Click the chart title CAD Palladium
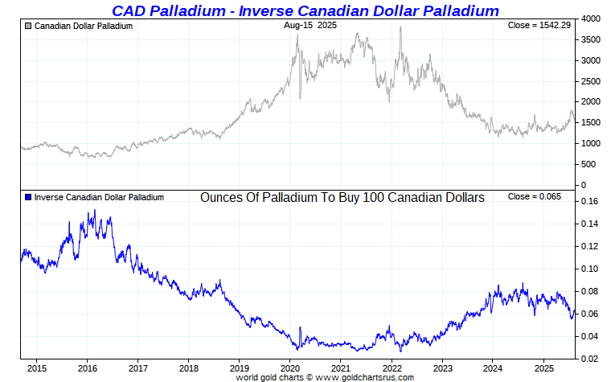point(305,10)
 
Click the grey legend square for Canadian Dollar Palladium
point(29,27)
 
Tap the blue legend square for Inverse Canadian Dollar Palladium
point(29,197)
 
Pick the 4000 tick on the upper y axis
point(592,18)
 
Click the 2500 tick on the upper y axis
point(592,81)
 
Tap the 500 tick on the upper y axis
point(589,165)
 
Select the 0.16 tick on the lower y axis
point(589,202)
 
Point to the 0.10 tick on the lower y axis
point(589,269)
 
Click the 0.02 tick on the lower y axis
point(589,359)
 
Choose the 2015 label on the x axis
point(35,369)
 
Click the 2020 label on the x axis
point(289,369)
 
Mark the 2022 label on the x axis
point(391,369)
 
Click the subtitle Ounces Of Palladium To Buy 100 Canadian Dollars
point(342,197)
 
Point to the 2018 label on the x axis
point(187,369)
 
